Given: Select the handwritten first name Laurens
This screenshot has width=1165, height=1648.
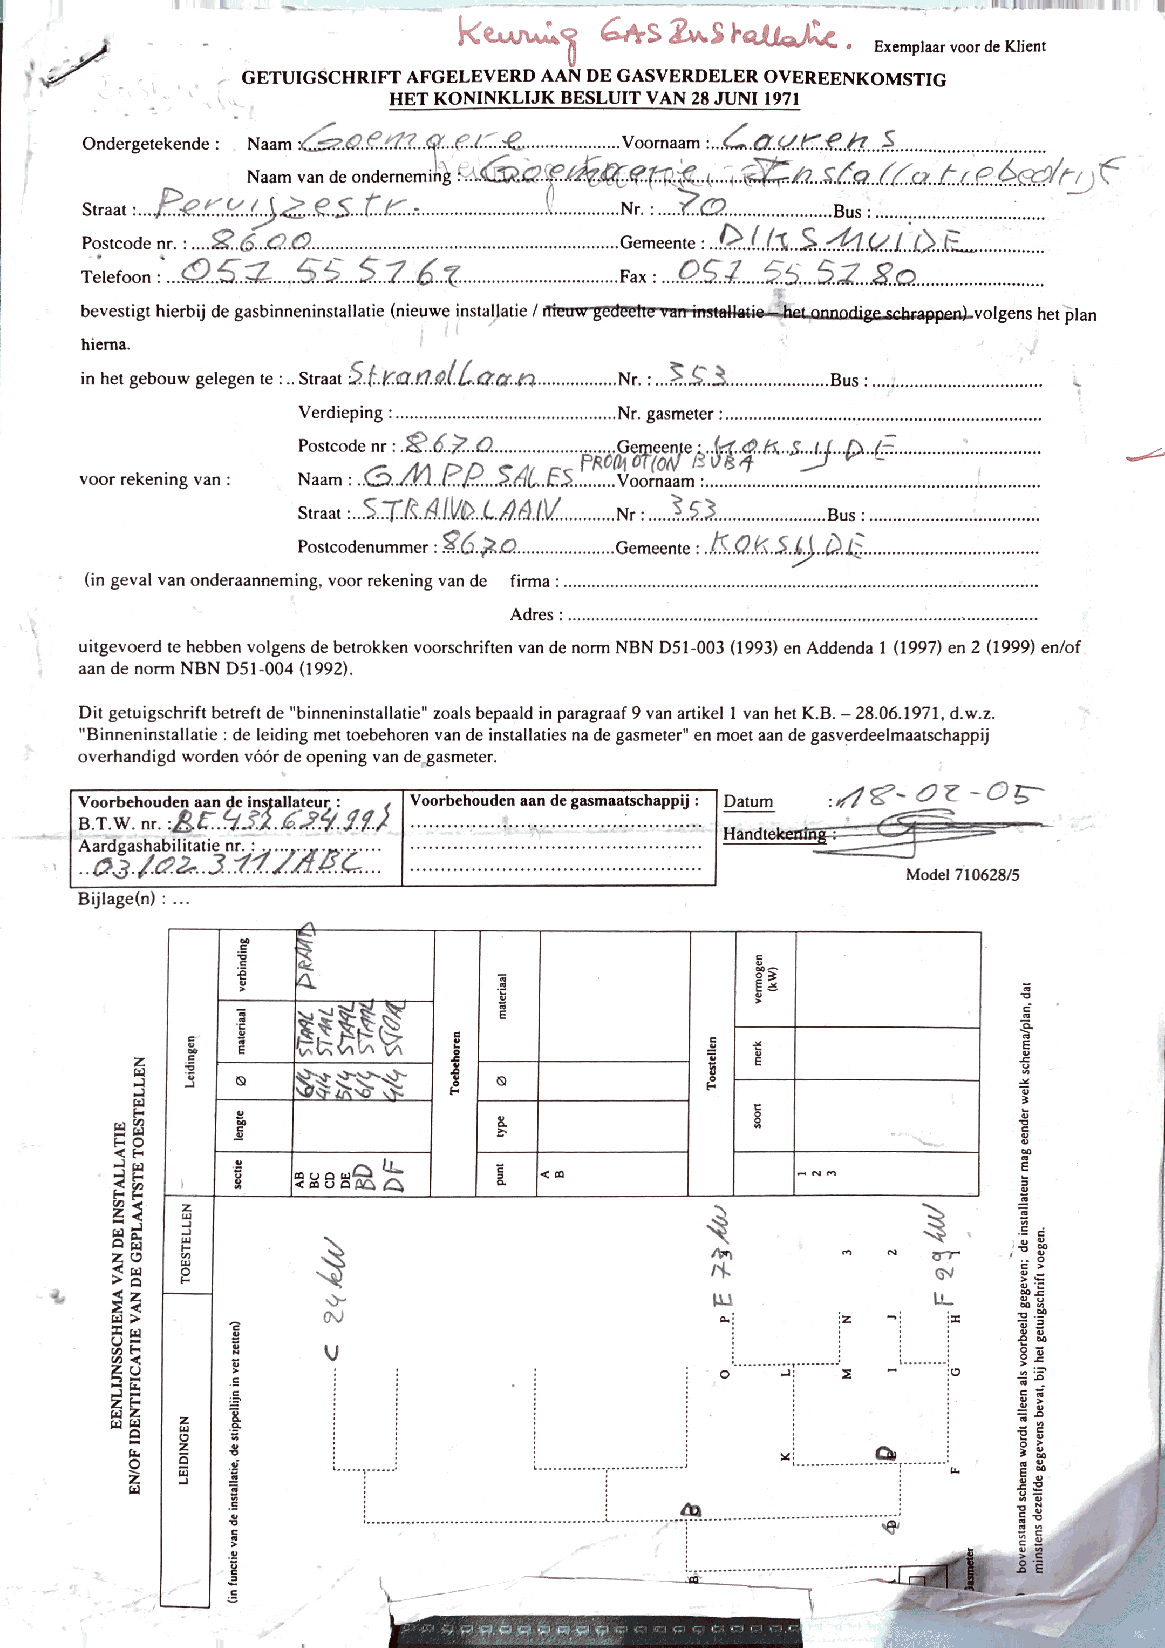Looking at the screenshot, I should (809, 137).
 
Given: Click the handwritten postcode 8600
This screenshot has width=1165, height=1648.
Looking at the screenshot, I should (261, 241).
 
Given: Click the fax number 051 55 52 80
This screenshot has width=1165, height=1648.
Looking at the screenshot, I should (796, 272).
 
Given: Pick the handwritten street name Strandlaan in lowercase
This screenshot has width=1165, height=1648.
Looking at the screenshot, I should (442, 375).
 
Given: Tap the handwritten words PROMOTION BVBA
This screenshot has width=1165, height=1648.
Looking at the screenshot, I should (666, 462).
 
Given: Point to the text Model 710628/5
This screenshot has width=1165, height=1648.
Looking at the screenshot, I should (962, 874).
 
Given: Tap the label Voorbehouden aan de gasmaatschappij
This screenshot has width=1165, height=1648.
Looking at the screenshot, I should (554, 801).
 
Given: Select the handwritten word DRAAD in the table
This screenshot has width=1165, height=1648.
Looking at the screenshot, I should (306, 957).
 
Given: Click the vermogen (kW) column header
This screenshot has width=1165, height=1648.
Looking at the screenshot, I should (764, 977).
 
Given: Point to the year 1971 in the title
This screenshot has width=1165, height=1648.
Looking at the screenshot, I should (779, 98).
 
